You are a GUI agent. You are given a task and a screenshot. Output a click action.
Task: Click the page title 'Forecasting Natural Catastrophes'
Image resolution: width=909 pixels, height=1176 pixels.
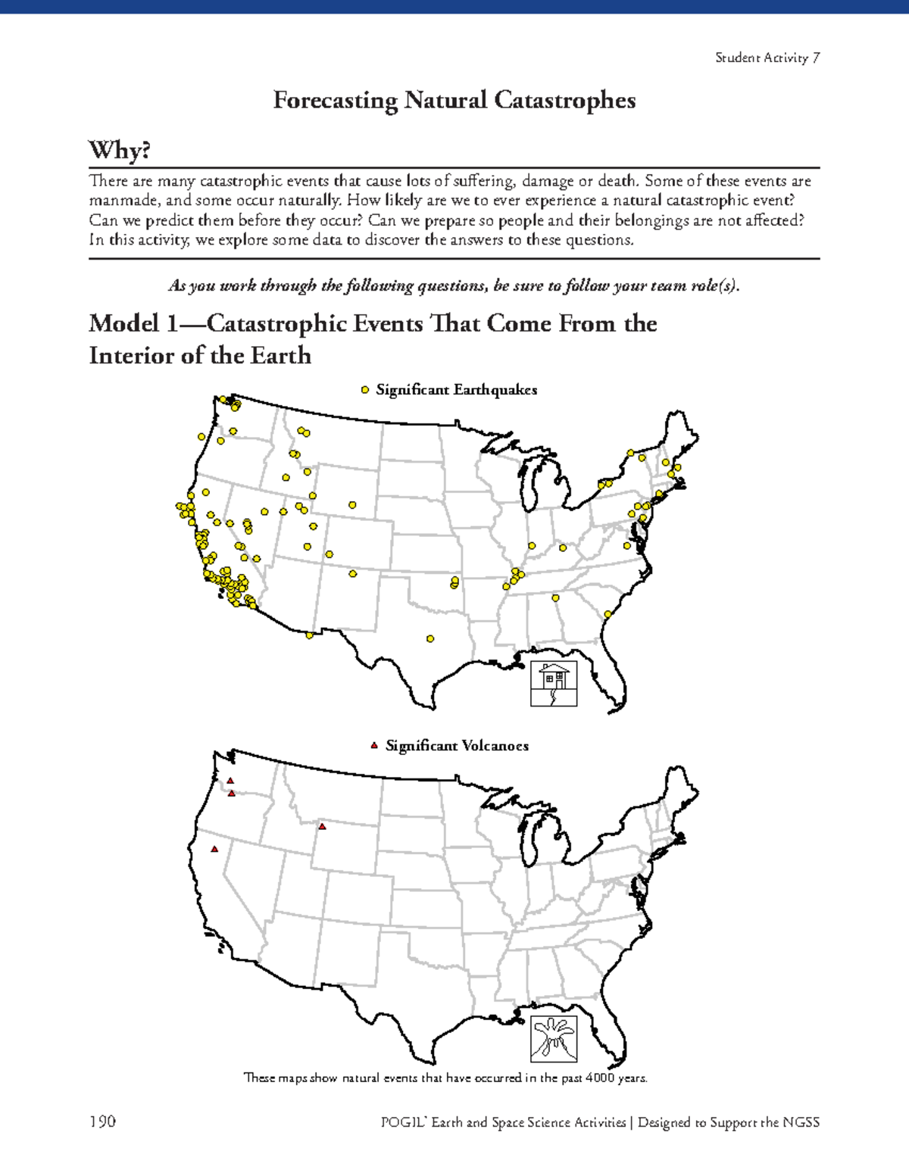point(454,100)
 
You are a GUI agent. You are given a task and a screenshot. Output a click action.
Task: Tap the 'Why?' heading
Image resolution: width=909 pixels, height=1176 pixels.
point(119,151)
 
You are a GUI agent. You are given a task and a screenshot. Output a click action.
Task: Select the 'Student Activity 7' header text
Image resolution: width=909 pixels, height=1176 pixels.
point(767,58)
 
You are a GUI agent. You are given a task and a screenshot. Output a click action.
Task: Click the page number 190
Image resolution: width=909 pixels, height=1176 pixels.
point(102,1121)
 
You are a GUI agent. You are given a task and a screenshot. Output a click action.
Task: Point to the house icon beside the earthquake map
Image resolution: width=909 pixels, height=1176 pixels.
point(554,684)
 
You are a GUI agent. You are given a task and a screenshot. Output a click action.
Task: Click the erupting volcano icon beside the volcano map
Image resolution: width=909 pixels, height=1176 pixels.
point(554,1038)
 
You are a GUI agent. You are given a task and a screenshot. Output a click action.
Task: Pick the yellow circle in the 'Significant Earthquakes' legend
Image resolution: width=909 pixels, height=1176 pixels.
point(365,390)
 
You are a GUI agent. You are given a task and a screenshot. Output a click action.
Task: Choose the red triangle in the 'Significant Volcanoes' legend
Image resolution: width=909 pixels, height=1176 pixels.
point(373,746)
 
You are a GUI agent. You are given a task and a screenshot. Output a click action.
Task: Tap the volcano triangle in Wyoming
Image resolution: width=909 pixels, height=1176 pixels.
point(322,826)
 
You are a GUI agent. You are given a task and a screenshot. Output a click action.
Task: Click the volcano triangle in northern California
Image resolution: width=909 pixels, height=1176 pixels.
point(214,849)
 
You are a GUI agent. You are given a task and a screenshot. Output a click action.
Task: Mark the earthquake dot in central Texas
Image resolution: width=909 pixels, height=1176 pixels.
point(430,638)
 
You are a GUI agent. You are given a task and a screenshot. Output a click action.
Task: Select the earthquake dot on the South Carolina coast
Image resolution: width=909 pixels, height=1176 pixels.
point(608,614)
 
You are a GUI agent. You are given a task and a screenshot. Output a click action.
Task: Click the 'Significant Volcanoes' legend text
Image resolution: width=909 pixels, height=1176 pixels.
point(457,746)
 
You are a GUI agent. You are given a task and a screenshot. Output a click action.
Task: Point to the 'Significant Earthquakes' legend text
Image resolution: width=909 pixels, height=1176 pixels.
point(457,390)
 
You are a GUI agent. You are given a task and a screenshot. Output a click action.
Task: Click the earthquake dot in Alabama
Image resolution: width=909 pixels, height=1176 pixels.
point(555,598)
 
